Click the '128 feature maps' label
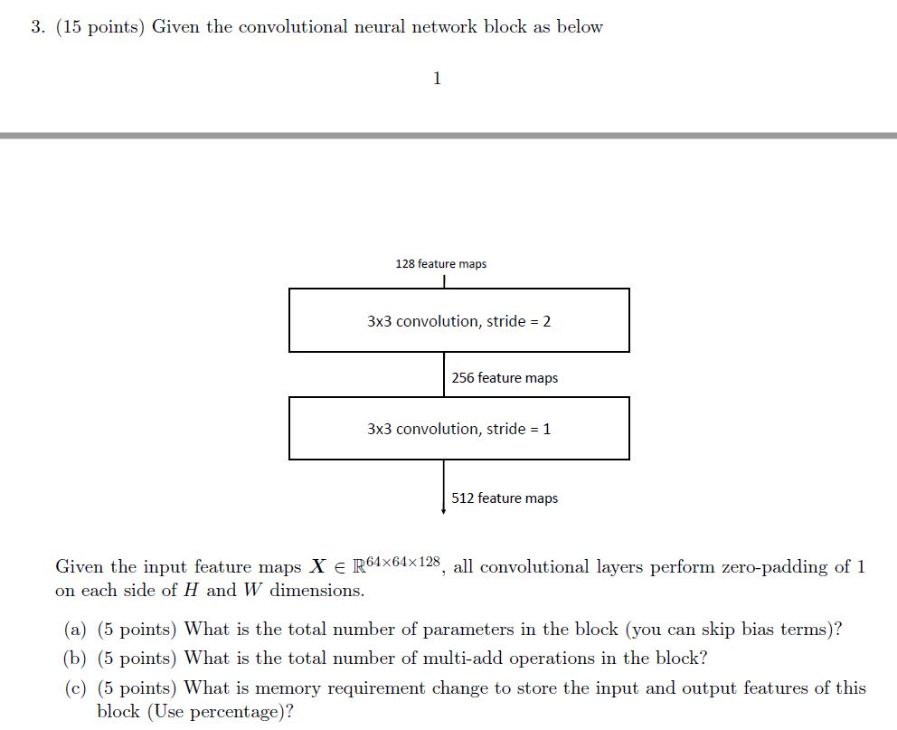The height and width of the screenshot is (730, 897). pyautogui.click(x=440, y=264)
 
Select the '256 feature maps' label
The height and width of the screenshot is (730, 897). pyautogui.click(x=505, y=378)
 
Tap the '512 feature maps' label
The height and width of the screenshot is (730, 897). pyautogui.click(x=505, y=498)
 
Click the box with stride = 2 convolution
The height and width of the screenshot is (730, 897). pyautogui.click(x=458, y=320)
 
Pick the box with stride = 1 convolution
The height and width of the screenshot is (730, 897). pyautogui.click(x=458, y=428)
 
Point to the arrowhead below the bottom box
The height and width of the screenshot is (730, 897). pyautogui.click(x=443, y=510)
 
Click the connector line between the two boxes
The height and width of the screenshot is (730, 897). pyautogui.click(x=444, y=374)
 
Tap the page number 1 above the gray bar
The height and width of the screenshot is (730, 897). pyautogui.click(x=437, y=79)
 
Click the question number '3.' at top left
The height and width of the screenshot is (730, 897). pyautogui.click(x=37, y=27)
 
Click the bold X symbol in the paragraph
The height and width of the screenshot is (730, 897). pyautogui.click(x=317, y=567)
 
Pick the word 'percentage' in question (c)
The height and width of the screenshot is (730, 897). pyautogui.click(x=237, y=712)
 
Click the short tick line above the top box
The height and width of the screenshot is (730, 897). pyautogui.click(x=444, y=281)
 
